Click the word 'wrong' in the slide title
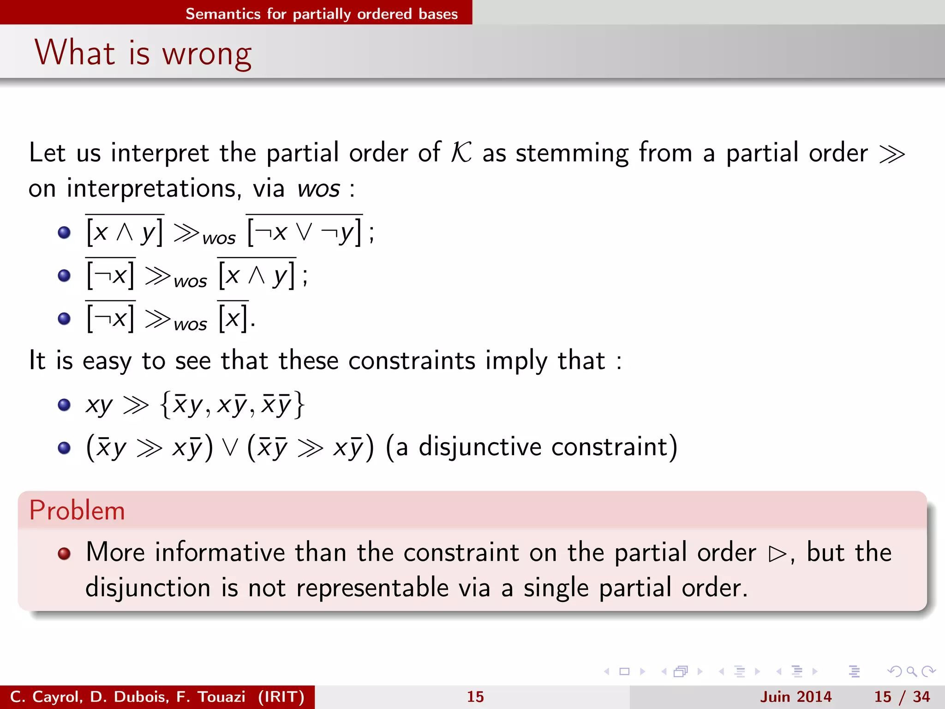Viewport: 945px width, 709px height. pyautogui.click(x=207, y=54)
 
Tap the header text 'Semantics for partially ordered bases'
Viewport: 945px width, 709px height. pyautogui.click(x=322, y=14)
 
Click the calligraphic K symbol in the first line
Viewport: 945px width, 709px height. pyautogui.click(x=461, y=152)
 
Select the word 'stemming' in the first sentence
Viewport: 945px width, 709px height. pyautogui.click(x=572, y=153)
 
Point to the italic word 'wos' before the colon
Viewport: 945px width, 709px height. pyautogui.click(x=318, y=189)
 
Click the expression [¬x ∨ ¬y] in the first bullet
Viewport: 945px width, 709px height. pyautogui.click(x=305, y=232)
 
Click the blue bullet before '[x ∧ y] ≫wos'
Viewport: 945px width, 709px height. pyautogui.click(x=64, y=232)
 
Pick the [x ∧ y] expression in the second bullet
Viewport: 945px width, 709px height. pyautogui.click(x=257, y=276)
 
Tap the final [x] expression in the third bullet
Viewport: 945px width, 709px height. pyautogui.click(x=233, y=318)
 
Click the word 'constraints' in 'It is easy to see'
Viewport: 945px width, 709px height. pyautogui.click(x=412, y=361)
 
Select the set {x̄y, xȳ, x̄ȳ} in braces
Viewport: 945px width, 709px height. pyautogui.click(x=232, y=405)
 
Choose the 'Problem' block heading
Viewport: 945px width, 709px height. pyautogui.click(x=77, y=511)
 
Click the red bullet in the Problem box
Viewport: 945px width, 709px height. pyautogui.click(x=64, y=553)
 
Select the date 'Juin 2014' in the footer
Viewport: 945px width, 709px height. pyautogui.click(x=795, y=697)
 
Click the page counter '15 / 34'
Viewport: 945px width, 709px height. pyautogui.click(x=902, y=697)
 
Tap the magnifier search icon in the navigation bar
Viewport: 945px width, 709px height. pyautogui.click(x=911, y=672)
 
